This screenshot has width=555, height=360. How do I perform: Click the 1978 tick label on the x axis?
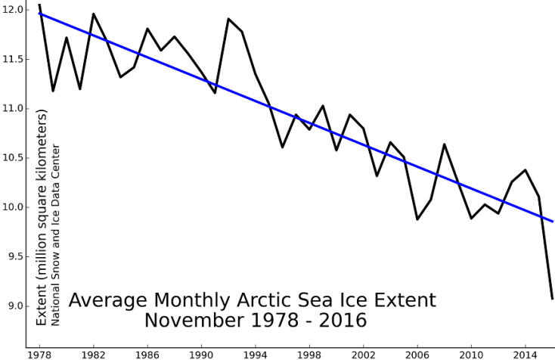click(x=39, y=353)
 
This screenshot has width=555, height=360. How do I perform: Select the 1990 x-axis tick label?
click(x=201, y=353)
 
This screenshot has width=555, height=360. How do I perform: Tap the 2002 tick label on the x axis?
click(x=363, y=353)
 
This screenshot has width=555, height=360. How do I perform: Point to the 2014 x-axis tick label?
click(x=525, y=353)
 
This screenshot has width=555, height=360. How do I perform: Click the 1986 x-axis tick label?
click(x=147, y=353)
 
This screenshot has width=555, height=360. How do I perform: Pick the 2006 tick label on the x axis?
click(x=417, y=353)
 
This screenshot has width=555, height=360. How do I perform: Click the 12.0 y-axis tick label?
click(x=13, y=10)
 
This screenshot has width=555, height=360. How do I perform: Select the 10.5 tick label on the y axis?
click(x=13, y=158)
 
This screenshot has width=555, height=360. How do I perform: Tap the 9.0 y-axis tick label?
click(x=15, y=306)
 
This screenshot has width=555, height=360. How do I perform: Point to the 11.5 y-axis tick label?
click(x=13, y=59)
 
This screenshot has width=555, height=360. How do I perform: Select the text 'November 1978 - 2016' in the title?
click(x=255, y=320)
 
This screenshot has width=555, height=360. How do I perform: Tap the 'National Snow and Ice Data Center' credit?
click(x=55, y=234)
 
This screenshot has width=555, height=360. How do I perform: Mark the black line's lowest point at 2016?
click(x=552, y=299)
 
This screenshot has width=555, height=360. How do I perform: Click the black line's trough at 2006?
click(x=417, y=219)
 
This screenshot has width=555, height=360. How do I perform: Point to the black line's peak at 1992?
click(x=228, y=19)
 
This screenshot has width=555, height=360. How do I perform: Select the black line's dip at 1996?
click(x=282, y=147)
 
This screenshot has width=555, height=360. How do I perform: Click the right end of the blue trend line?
click(x=553, y=222)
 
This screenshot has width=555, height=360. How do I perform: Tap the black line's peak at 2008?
click(x=444, y=144)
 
